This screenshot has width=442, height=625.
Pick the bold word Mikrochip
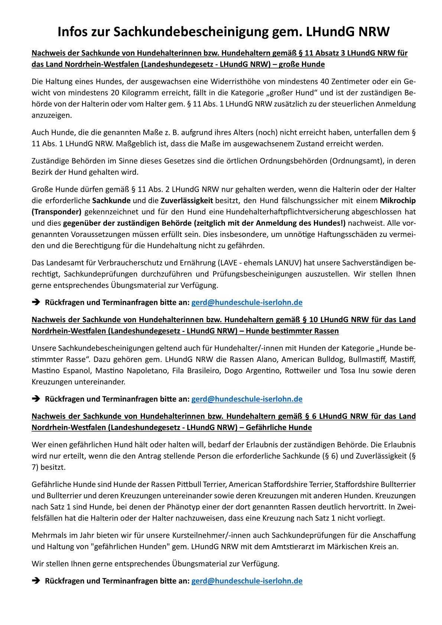click(397, 201)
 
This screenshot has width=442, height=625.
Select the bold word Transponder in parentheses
click(56, 212)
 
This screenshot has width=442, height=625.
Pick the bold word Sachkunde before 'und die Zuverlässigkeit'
click(111, 201)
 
